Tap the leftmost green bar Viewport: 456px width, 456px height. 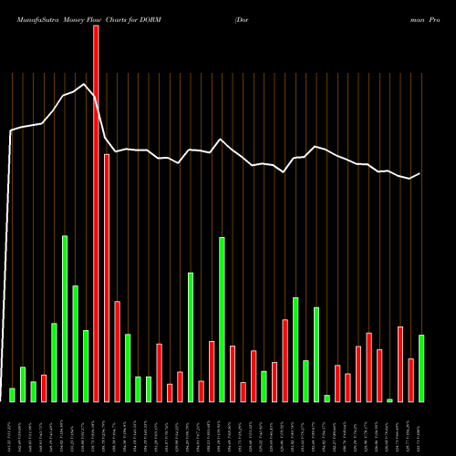[12, 395]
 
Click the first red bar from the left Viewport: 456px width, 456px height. [44, 388]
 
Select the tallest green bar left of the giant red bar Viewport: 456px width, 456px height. [65, 318]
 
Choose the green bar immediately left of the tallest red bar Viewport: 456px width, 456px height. [86, 366]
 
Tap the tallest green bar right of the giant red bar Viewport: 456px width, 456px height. [222, 319]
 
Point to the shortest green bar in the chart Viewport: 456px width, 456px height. [389, 399]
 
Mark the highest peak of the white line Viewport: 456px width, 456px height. [85, 85]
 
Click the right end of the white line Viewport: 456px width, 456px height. [420, 173]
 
